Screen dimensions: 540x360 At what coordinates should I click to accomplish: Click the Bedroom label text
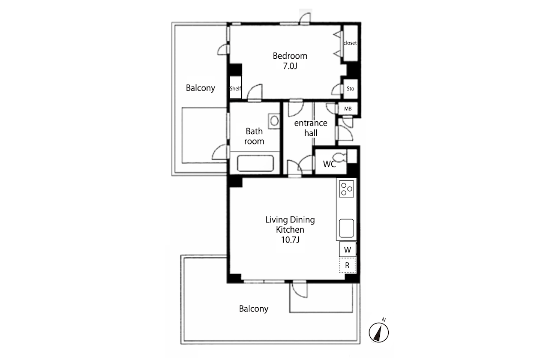pyautogui.click(x=290, y=56)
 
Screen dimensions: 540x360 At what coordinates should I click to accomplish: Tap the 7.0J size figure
pyautogui.click(x=290, y=66)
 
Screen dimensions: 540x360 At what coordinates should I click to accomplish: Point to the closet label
pyautogui.click(x=350, y=43)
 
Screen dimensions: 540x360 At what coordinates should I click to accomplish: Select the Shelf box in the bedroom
pyautogui.click(x=235, y=87)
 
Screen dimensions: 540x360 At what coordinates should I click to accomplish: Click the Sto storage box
pyautogui.click(x=350, y=89)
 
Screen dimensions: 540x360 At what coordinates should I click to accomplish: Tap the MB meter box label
pyautogui.click(x=348, y=109)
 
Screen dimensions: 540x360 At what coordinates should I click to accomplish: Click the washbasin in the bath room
pyautogui.click(x=274, y=121)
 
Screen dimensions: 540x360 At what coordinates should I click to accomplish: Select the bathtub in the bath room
pyautogui.click(x=255, y=163)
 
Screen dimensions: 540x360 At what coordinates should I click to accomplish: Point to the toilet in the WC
pyautogui.click(x=340, y=157)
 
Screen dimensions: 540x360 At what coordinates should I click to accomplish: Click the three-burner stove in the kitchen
pyautogui.click(x=346, y=189)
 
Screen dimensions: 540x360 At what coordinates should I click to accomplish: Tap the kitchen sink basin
pyautogui.click(x=346, y=228)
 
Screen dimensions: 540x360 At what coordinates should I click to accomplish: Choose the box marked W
pyautogui.click(x=348, y=249)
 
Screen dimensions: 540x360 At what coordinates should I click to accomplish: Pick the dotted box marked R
pyautogui.click(x=348, y=265)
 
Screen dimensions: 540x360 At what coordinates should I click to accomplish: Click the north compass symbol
pyautogui.click(x=379, y=332)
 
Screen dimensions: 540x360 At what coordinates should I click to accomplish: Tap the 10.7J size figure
pyautogui.click(x=290, y=240)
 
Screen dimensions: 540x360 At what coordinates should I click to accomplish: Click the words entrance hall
pyautogui.click(x=311, y=128)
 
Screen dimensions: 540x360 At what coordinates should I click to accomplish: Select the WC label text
pyautogui.click(x=329, y=164)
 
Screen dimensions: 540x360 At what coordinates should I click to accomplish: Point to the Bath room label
pyautogui.click(x=254, y=136)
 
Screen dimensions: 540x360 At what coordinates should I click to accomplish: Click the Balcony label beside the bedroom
pyautogui.click(x=200, y=88)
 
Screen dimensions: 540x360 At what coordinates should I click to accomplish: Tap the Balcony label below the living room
pyautogui.click(x=254, y=309)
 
